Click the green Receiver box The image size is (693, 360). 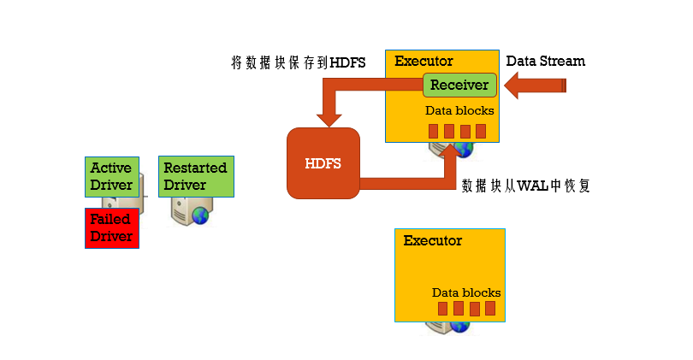459,85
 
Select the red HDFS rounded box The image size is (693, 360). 323,163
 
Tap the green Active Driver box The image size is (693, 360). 111,176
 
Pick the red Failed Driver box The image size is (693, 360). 111,227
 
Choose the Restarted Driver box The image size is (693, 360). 195,176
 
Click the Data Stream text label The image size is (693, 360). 546,61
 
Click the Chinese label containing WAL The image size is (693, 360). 526,186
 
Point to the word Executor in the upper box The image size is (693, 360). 423,62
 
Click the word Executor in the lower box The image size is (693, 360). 432,240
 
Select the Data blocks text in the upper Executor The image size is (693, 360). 459,111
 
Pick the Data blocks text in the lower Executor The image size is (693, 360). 466,292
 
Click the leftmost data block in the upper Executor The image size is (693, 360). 434,131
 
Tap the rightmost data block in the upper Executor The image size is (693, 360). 481,131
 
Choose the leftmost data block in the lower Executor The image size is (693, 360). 442,309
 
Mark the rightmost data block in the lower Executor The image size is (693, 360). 489,309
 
